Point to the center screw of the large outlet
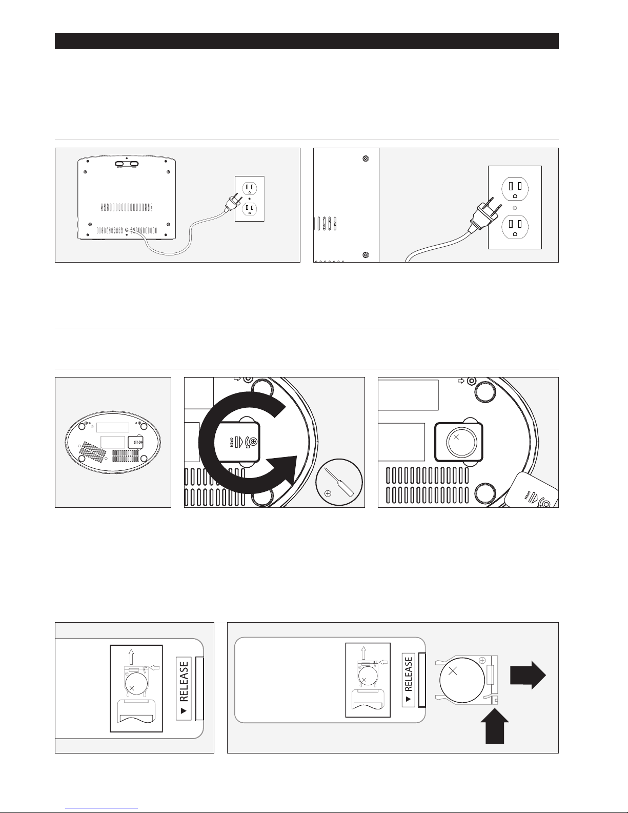[x=515, y=208]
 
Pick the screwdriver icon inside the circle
[x=338, y=482]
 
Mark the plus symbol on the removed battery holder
[x=482, y=660]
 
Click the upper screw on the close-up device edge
[x=365, y=158]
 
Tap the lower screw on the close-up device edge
[x=365, y=255]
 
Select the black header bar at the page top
[x=307, y=41]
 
